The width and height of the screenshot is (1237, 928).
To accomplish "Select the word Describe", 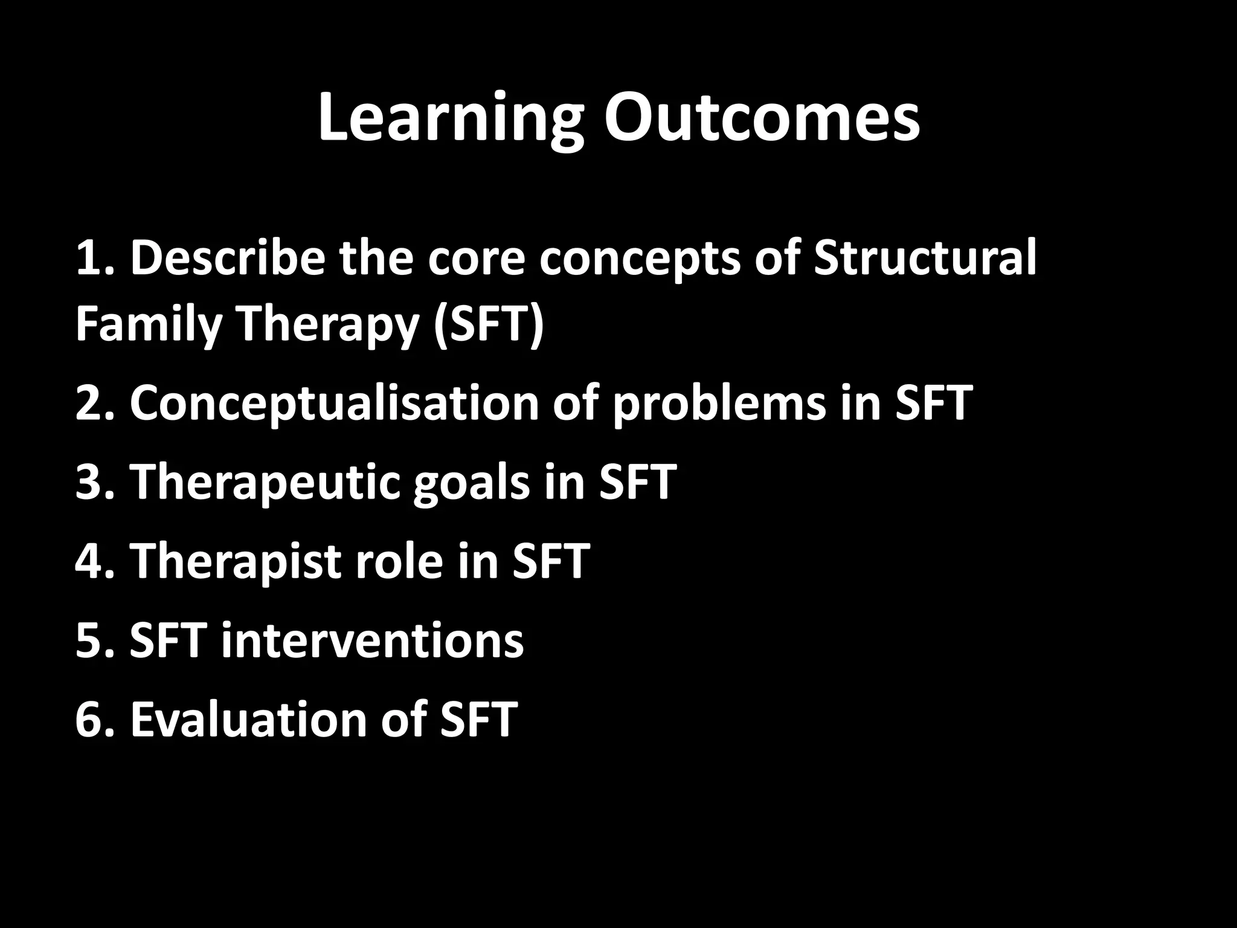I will pyautogui.click(x=227, y=259).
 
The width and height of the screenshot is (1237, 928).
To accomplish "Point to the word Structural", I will pyautogui.click(x=925, y=259).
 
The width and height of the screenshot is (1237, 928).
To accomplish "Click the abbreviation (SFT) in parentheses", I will pyautogui.click(x=488, y=325).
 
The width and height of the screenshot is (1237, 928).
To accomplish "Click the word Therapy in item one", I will pyautogui.click(x=329, y=325).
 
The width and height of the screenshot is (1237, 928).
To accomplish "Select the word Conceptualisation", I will pyautogui.click(x=334, y=404).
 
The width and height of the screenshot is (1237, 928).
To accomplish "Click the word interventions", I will pyautogui.click(x=372, y=640).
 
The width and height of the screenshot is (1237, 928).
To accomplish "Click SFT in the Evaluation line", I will pyautogui.click(x=478, y=719).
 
